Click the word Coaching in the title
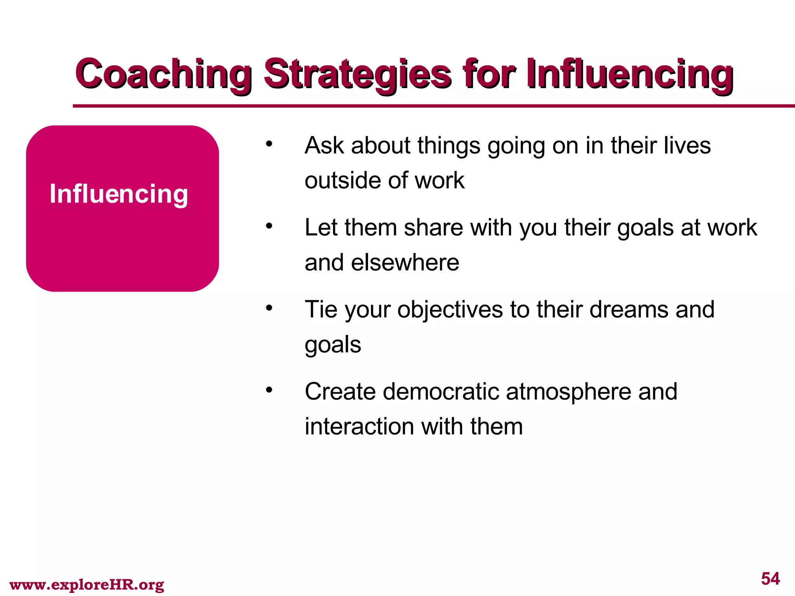(x=163, y=74)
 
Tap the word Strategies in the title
(x=357, y=74)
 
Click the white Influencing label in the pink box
(x=119, y=194)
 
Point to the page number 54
(x=770, y=579)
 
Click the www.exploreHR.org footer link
(x=87, y=584)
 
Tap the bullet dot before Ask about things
(x=269, y=144)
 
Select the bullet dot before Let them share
(x=269, y=226)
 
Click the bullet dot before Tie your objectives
(x=269, y=308)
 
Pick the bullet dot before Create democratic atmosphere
(x=269, y=390)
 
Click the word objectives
(x=450, y=310)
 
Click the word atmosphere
(x=568, y=392)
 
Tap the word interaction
(x=359, y=427)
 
